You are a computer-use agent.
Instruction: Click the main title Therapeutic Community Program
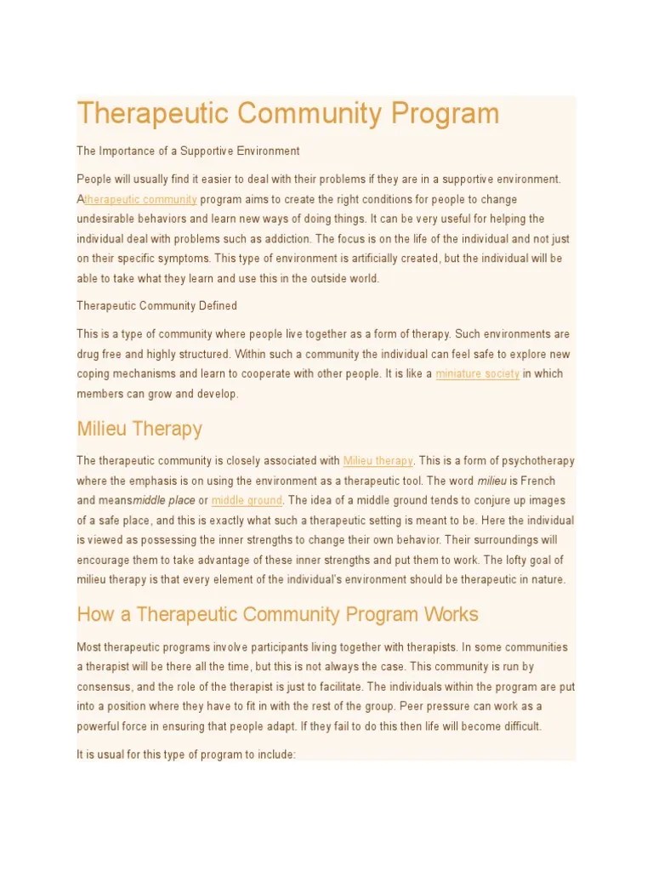[x=288, y=114]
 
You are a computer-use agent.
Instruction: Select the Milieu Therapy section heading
[x=139, y=428]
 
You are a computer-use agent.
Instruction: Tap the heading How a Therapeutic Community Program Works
[x=277, y=614]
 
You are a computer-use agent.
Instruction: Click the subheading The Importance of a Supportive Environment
[x=188, y=151]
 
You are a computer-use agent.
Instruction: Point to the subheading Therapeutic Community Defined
[x=156, y=305]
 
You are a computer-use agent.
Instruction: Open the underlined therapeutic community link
[x=141, y=200]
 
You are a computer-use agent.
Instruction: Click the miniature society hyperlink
[x=477, y=373]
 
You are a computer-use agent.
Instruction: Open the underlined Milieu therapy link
[x=378, y=461]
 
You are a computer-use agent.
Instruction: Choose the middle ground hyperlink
[x=247, y=500]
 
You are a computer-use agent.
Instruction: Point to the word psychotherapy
[x=538, y=461]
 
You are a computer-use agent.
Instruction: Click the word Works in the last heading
[x=449, y=614]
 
